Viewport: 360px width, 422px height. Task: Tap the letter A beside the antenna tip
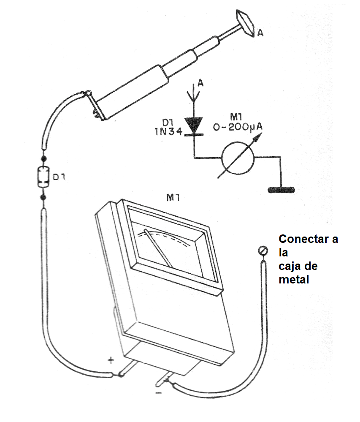coord(260,34)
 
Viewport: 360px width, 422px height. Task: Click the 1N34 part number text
coord(168,131)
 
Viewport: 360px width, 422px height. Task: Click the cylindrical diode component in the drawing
coord(42,177)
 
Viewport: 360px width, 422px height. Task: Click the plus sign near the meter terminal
coord(111,360)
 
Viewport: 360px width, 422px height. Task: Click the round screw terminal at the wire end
coord(263,251)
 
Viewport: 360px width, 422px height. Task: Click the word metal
coord(294,279)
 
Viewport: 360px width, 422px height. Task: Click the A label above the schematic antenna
coord(200,83)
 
